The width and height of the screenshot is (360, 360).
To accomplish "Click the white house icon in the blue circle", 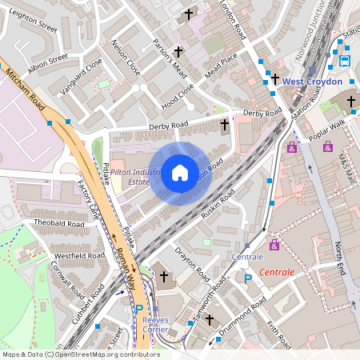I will pyautogui.click(x=180, y=173).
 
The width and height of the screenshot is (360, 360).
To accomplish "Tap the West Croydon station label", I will pyautogui.click(x=311, y=82).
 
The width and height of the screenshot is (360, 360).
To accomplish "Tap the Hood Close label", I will pyautogui.click(x=178, y=97).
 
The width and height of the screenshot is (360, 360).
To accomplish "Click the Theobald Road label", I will pyautogui.click(x=58, y=223).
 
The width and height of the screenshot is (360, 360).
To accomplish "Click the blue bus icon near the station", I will pyautogui.click(x=345, y=60).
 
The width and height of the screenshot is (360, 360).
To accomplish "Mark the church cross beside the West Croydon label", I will pyautogui.click(x=275, y=79).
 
